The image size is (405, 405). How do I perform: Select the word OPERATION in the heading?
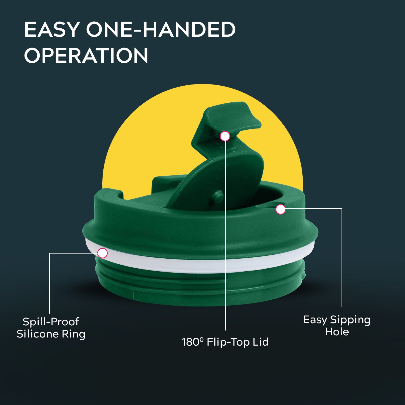click(86, 55)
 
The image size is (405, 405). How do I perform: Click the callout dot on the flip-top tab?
click(225, 136)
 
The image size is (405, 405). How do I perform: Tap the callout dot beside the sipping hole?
click(281, 209)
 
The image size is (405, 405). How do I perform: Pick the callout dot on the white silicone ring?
click(102, 253)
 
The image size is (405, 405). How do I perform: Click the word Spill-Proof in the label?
click(51, 322)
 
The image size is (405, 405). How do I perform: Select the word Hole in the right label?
click(337, 332)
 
